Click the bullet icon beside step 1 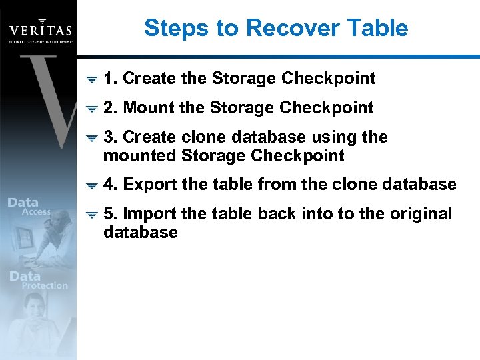pos(93,79)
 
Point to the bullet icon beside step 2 pos(93,109)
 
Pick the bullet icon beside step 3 pos(93,138)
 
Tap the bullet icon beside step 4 pos(93,185)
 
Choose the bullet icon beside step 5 pos(93,215)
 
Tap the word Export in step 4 pos(149,185)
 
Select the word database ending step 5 pos(141,233)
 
